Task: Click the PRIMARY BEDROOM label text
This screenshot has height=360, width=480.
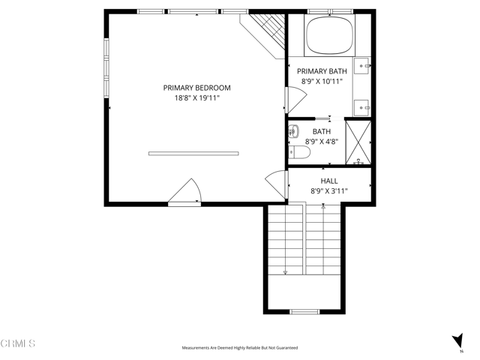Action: [196, 88]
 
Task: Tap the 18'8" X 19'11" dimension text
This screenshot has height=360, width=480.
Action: [196, 98]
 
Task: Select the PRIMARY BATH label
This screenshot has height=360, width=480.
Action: [327, 71]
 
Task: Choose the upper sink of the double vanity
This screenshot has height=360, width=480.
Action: [363, 67]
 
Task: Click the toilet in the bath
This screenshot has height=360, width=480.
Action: [299, 153]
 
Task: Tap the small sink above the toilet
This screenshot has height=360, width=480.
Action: [293, 131]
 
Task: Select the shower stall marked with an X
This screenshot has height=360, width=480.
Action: [358, 142]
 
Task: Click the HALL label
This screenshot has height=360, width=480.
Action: [328, 181]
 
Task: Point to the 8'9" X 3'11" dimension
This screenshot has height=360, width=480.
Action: [328, 191]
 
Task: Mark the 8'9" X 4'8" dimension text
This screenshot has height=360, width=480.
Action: [321, 141]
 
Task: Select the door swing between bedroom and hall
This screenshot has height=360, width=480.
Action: [277, 184]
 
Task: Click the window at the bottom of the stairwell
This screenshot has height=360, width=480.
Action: [305, 311]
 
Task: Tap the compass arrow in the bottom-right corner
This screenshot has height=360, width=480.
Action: [457, 340]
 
